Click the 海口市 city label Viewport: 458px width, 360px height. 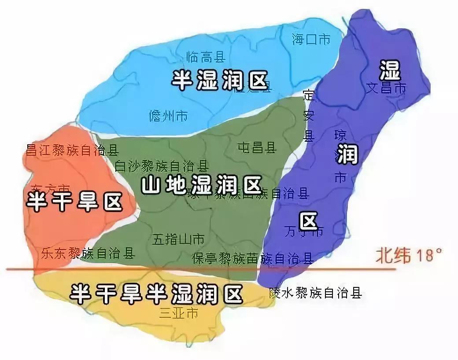pyautogui.click(x=311, y=40)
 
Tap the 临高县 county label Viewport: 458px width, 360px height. pyautogui.click(x=206, y=57)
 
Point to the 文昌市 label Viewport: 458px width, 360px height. pyautogui.click(x=386, y=88)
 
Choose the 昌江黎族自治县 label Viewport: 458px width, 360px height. pyautogui.click(x=72, y=150)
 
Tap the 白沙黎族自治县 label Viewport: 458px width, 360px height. pyautogui.click(x=161, y=166)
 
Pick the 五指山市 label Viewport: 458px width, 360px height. pyautogui.click(x=178, y=239)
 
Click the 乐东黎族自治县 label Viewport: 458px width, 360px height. pyautogui.click(x=88, y=253)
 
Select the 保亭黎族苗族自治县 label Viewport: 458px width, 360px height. pyautogui.click(x=253, y=258)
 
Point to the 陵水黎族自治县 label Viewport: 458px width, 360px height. pyautogui.click(x=315, y=293)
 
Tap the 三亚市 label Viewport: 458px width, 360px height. pyautogui.click(x=178, y=313)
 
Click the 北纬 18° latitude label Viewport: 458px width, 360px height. pyautogui.click(x=408, y=255)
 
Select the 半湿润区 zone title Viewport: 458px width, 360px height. pyautogui.click(x=220, y=81)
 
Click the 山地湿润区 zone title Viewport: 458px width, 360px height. pyautogui.click(x=202, y=185)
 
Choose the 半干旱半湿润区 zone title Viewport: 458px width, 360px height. pyautogui.click(x=157, y=294)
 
